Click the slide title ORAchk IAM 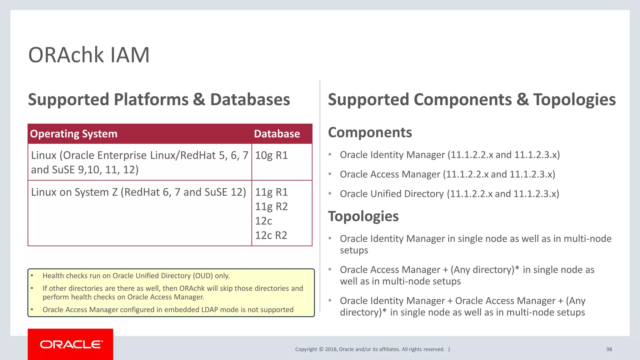pos(89,55)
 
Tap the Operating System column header pos(74,134)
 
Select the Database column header pos(277,134)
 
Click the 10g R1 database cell pos(271,155)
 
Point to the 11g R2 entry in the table pos(271,207)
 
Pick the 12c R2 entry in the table pos(271,235)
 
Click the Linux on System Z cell pos(138,192)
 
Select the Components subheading pos(370,132)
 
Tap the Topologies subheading pos(363,216)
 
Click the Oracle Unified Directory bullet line pos(449,194)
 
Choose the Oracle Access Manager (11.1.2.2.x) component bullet pos(447,174)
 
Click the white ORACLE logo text pos(71,344)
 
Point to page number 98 pos(609,349)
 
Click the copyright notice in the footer pos(369,349)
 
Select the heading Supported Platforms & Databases pos(159,100)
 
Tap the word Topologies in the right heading pos(574,100)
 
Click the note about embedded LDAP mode pos(168,310)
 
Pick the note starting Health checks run pos(136,276)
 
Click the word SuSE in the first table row pos(63,170)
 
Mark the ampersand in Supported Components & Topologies pos(522,100)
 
